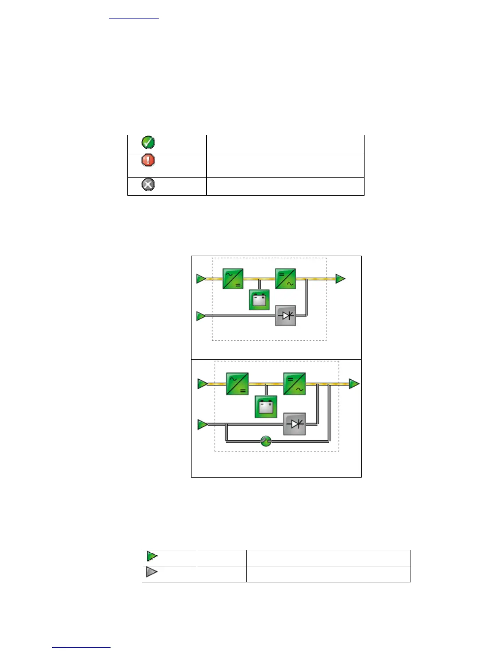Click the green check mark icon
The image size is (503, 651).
click(148, 143)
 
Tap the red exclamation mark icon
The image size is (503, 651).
click(148, 160)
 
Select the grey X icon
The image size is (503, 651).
click(148, 185)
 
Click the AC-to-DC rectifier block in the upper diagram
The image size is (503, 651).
click(233, 279)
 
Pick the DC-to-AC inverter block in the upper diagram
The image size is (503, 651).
click(286, 279)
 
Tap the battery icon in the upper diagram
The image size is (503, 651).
click(259, 300)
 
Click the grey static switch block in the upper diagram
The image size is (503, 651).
click(286, 316)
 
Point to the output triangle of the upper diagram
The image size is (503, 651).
click(340, 279)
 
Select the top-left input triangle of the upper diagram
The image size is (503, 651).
click(201, 279)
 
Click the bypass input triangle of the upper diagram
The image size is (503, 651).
click(201, 316)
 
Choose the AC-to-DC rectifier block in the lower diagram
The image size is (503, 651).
click(237, 384)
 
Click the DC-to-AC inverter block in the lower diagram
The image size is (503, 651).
click(295, 384)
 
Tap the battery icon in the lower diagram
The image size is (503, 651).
click(266, 407)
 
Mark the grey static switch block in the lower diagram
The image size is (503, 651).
click(295, 424)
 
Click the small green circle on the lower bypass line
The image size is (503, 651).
click(266, 441)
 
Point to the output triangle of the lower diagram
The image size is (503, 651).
click(354, 384)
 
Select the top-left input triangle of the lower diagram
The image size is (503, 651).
click(202, 384)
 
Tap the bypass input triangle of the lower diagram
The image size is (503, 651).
click(202, 424)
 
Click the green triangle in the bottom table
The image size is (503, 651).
click(152, 556)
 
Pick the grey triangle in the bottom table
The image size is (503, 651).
click(152, 572)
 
